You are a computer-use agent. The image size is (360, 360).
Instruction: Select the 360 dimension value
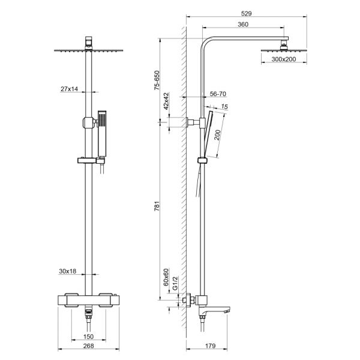tap(242, 25)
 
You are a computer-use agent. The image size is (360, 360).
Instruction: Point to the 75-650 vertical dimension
tap(157, 79)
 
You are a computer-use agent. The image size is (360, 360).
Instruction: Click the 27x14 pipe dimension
tap(70, 89)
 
